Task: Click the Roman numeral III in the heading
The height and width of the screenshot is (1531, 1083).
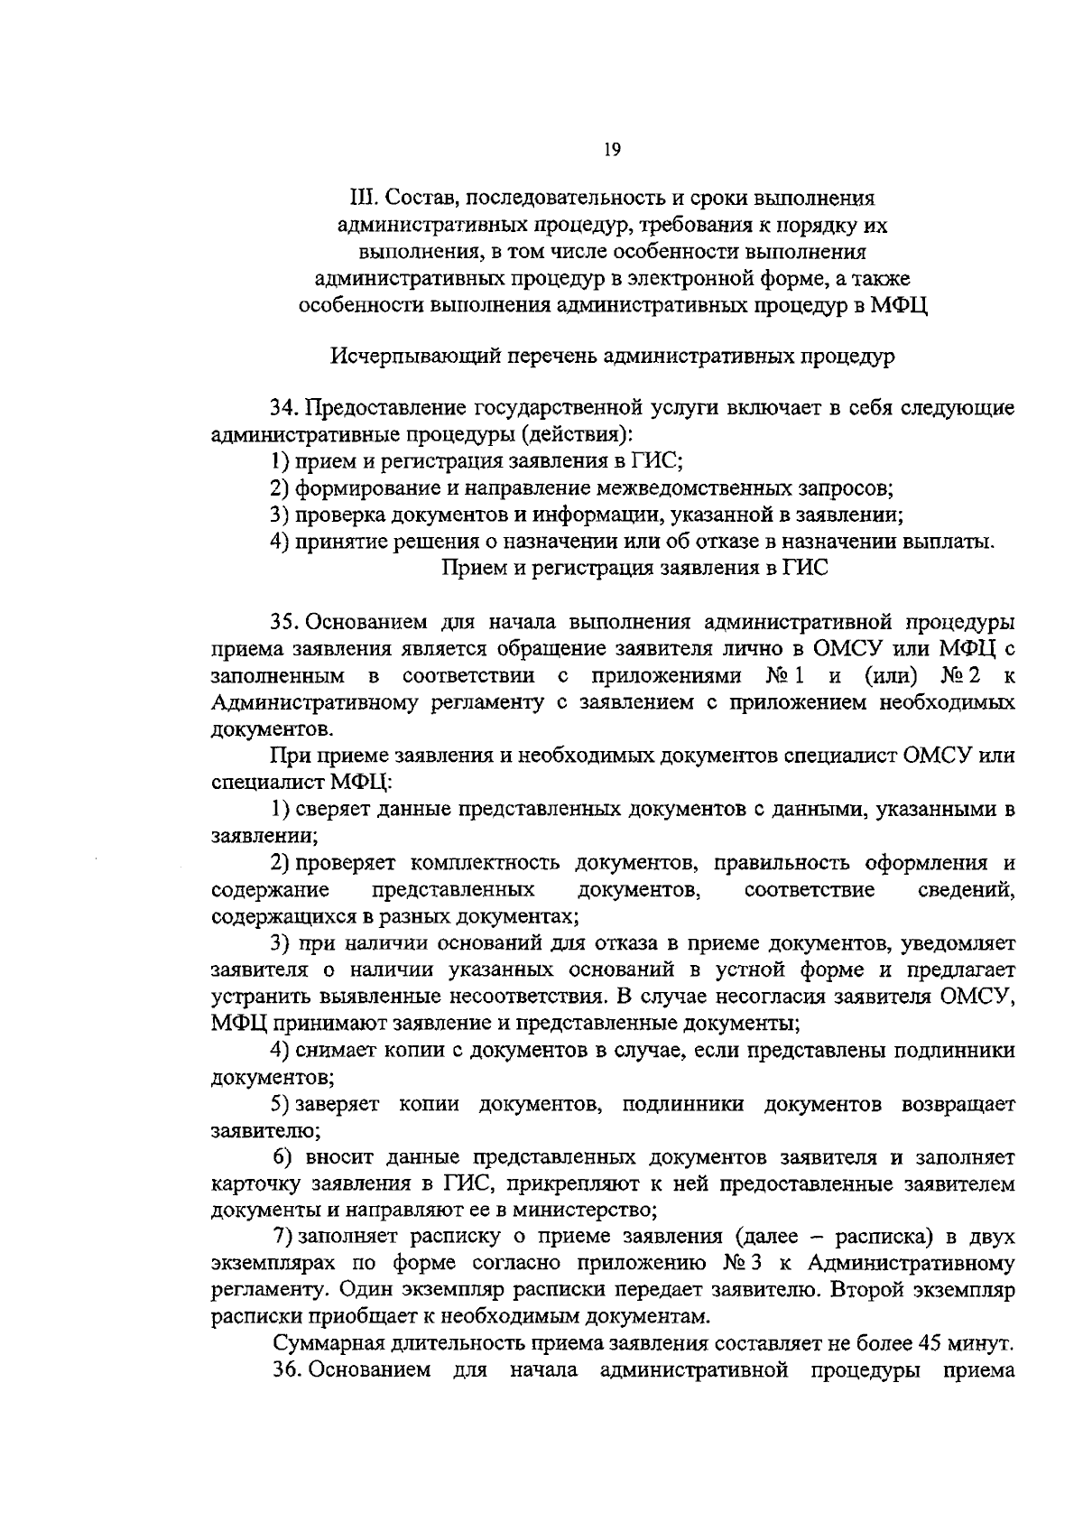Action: pos(362,196)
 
